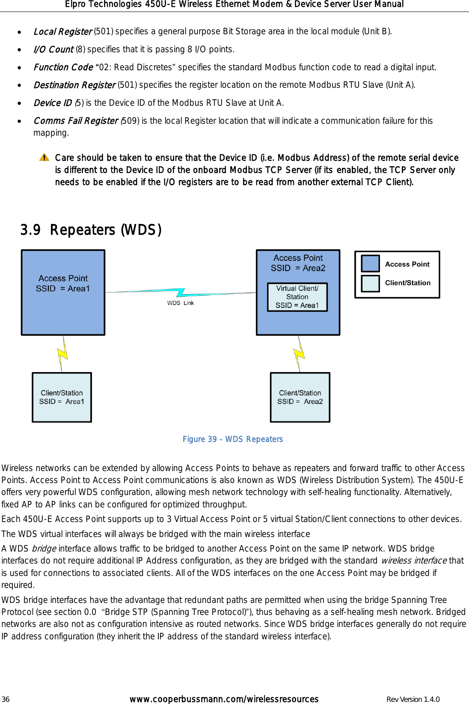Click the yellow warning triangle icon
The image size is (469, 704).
44,158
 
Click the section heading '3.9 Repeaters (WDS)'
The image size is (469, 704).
91,230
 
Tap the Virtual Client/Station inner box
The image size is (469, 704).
297,297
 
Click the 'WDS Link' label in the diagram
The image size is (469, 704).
180,303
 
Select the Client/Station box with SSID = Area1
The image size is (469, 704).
62,397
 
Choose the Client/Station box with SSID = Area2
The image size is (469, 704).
300,397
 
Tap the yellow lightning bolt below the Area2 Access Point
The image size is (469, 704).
299,354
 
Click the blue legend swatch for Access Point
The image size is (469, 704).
370,263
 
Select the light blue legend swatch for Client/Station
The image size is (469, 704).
370,283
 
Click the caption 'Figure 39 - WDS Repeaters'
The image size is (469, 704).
232,439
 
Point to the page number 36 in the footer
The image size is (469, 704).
5,699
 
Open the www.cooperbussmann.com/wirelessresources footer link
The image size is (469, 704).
224,699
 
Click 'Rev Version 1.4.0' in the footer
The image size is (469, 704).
413,699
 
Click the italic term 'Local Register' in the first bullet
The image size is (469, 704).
62,32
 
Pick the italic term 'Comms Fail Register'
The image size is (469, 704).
76,121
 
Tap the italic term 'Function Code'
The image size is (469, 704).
63,67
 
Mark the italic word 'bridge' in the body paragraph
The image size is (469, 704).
44,549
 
